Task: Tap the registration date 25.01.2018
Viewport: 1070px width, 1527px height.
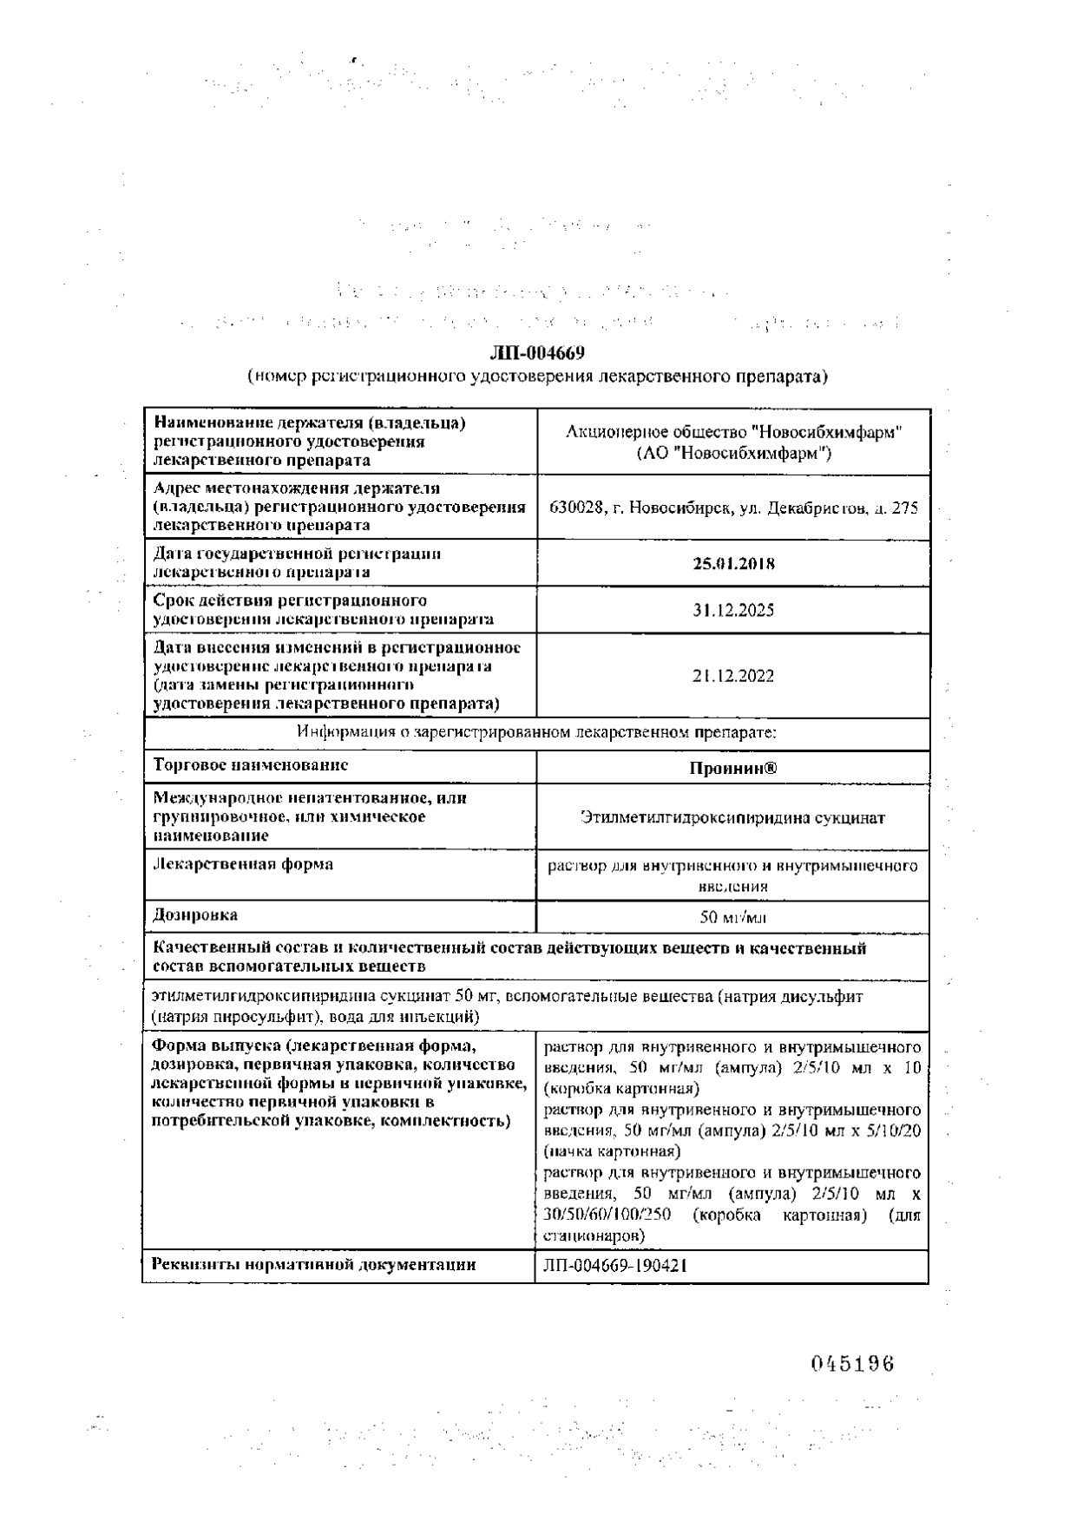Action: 733,563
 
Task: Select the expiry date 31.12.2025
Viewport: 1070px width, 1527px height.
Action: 733,610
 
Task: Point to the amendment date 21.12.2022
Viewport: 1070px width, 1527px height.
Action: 733,676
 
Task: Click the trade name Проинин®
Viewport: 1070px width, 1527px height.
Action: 733,768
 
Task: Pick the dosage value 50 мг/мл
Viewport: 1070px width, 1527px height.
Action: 733,917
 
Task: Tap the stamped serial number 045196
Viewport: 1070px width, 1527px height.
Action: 852,1364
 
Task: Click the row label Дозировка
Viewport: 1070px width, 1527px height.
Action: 195,914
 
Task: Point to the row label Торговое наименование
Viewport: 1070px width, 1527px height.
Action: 251,765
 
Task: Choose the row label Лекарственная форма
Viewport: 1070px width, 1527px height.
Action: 243,864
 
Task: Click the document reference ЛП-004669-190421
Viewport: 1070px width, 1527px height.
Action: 616,1266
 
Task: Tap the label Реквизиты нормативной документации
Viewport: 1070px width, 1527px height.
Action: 314,1264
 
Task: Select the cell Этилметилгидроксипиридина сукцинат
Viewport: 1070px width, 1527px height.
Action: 733,817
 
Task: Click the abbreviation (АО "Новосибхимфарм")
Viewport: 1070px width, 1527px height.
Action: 733,453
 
